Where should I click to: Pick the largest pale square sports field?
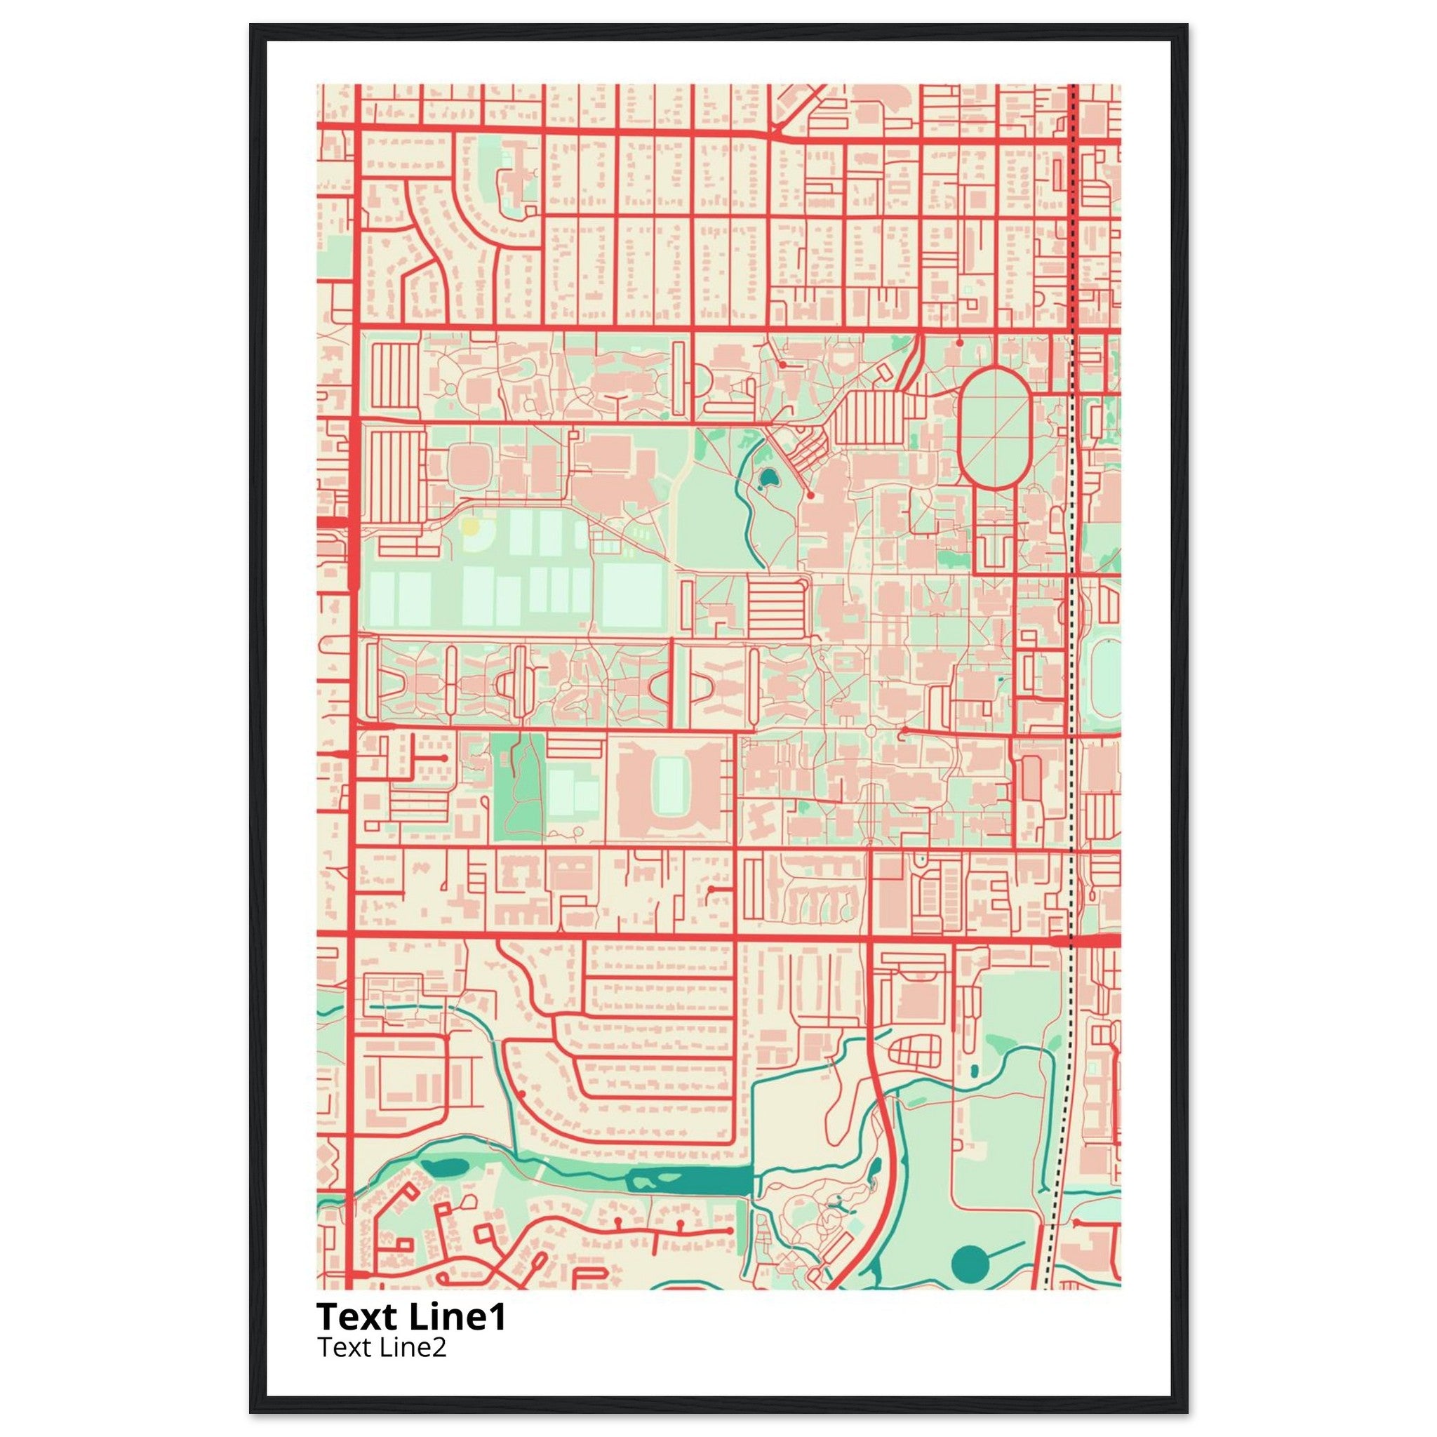click(632, 595)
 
